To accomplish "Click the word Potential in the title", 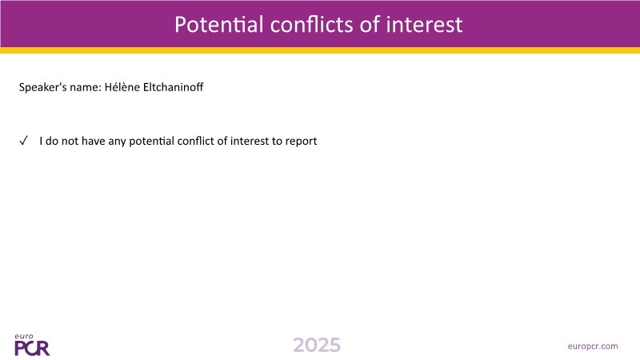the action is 218,25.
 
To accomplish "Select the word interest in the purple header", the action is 424,25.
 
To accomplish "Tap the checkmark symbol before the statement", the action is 24,141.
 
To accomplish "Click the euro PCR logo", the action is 32,345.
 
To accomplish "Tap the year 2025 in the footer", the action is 317,346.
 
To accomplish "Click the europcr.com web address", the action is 593,346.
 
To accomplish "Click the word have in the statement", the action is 94,141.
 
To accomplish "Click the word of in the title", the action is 370,25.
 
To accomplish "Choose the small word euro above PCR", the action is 24,337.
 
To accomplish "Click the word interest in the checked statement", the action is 250,141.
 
